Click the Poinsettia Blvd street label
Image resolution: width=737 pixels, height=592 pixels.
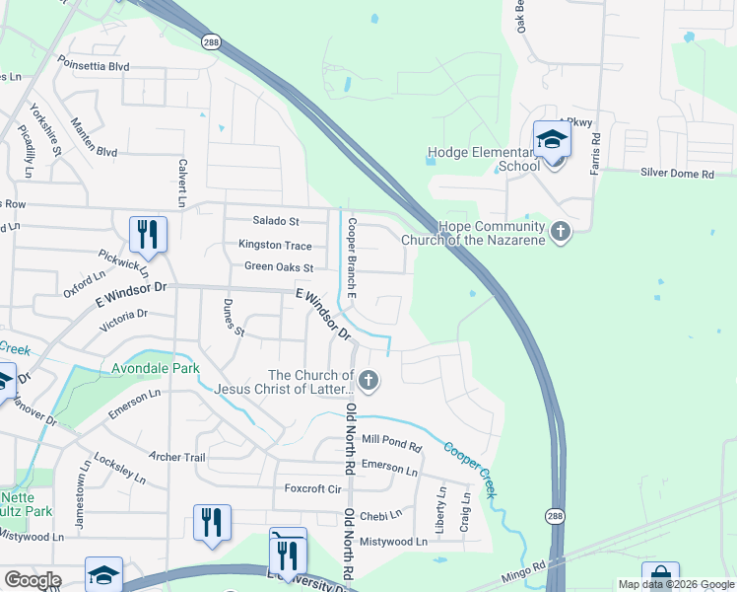click(93, 66)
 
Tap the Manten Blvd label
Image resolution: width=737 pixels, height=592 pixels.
click(94, 151)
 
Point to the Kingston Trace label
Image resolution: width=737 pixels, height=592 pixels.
click(275, 246)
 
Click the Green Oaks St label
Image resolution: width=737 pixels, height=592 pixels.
click(278, 267)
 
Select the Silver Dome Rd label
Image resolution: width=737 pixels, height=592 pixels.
click(677, 174)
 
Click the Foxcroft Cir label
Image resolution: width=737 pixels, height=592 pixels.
click(312, 488)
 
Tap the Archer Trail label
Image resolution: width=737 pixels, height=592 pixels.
click(176, 457)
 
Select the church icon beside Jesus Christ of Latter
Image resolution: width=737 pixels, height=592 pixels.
click(368, 380)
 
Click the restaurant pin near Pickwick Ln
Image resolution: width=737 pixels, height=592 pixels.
click(148, 235)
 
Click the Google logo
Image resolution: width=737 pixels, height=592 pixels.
click(33, 580)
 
